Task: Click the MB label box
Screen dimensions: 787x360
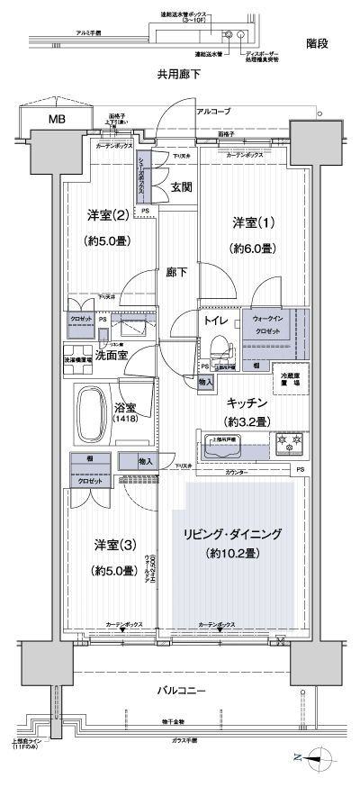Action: click(x=57, y=118)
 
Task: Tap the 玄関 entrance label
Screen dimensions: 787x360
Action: click(x=182, y=187)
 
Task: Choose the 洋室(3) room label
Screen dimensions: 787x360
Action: click(x=113, y=544)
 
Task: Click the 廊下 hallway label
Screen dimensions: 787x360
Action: click(x=175, y=272)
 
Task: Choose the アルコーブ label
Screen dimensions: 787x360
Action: click(x=213, y=111)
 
